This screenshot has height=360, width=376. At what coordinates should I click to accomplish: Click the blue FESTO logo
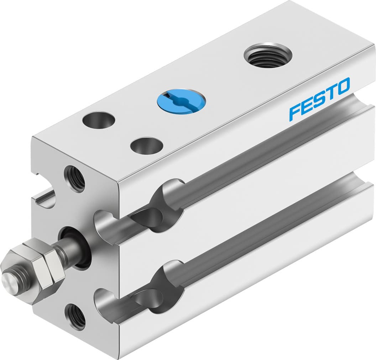click(x=319, y=98)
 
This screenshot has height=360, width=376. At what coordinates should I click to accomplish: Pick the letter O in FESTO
click(x=342, y=87)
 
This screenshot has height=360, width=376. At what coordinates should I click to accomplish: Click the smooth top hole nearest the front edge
click(x=146, y=145)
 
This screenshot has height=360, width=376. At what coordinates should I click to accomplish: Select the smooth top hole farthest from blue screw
click(x=99, y=120)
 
